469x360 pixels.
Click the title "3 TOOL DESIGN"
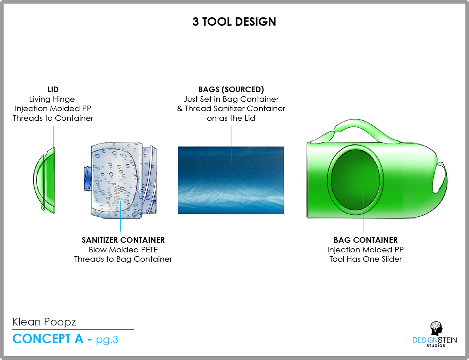click(234, 22)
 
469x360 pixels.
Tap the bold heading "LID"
click(53, 89)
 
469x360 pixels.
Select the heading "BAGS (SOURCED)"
click(231, 89)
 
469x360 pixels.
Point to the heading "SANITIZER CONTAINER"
click(123, 240)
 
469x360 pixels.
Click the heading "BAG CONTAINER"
click(365, 240)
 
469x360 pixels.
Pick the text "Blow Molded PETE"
click(123, 250)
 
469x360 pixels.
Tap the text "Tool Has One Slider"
click(365, 259)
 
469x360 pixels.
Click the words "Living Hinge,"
click(53, 99)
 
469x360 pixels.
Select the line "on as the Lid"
click(231, 118)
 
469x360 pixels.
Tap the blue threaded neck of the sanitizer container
click(88, 178)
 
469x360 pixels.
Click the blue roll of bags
click(231, 180)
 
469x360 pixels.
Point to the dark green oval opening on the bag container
click(355, 180)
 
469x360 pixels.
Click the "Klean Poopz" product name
click(44, 322)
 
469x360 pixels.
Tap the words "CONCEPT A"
click(48, 339)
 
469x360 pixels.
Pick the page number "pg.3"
click(107, 340)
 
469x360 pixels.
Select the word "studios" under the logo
click(436, 345)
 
